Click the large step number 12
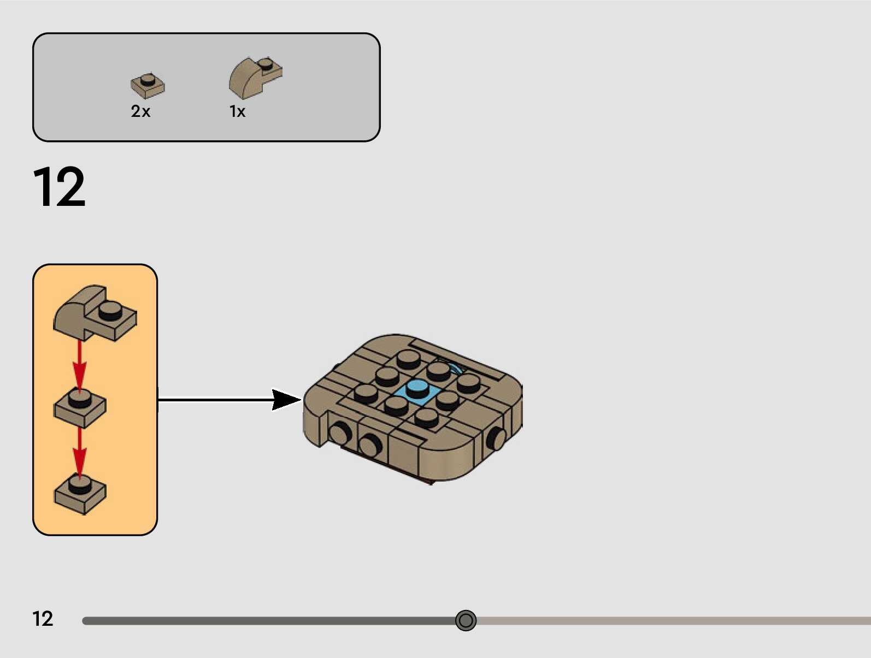click(59, 187)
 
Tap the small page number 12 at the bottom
click(43, 619)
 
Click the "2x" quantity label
click(140, 111)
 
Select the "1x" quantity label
click(237, 111)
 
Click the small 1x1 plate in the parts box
click(148, 86)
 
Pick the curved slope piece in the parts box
click(254, 78)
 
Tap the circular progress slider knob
click(466, 620)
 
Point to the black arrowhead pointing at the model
click(285, 400)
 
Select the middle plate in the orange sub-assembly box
click(80, 407)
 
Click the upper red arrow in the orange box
click(80, 363)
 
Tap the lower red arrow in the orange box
click(80, 450)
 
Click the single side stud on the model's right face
click(497, 438)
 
